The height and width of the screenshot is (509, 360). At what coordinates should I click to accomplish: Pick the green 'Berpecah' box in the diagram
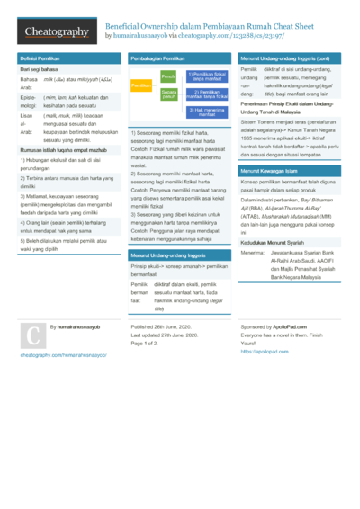tap(167, 93)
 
